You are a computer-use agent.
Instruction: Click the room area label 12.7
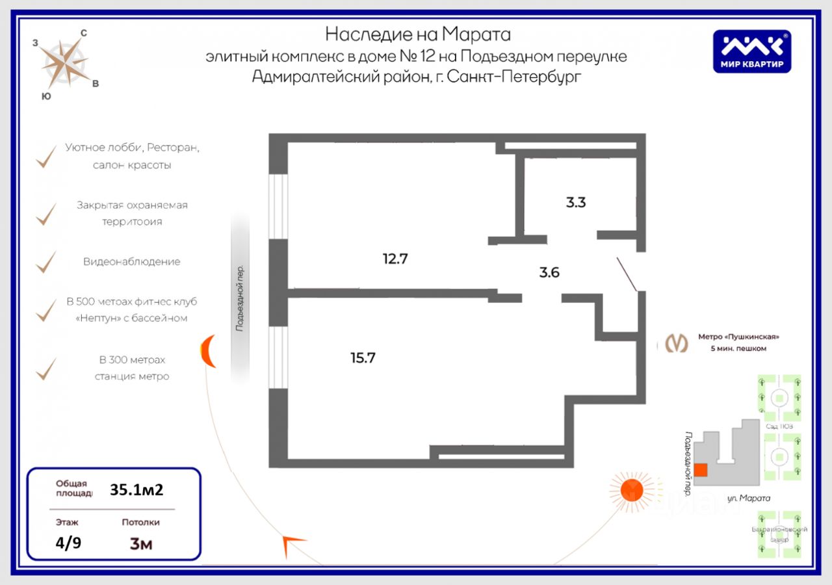[x=395, y=259]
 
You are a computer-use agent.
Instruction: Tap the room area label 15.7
[x=363, y=357]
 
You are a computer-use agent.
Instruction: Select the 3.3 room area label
[x=575, y=202]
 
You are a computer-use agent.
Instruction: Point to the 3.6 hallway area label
[x=549, y=272]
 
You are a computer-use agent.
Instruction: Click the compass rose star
[x=66, y=62]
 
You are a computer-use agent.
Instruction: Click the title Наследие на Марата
[x=417, y=34]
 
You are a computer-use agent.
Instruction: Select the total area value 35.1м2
[x=136, y=489]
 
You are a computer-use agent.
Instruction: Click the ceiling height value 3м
[x=141, y=543]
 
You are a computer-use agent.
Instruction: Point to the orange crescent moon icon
[x=208, y=351]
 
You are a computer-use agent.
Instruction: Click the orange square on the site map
[x=701, y=470]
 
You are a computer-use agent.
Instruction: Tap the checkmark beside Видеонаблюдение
[x=45, y=262]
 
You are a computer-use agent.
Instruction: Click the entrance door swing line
[x=627, y=274]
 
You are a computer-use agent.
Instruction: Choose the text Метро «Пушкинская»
[x=738, y=337]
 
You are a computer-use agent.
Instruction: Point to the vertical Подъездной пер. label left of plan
[x=240, y=298]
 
